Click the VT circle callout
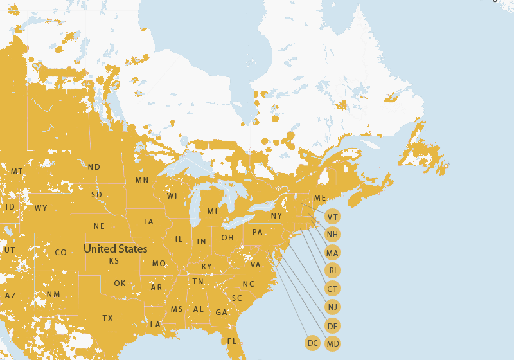click(332, 217)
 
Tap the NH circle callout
click(332, 234)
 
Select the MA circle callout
click(332, 253)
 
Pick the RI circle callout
click(332, 271)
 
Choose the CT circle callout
click(332, 289)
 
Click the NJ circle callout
click(332, 307)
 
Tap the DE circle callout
click(332, 326)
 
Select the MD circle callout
click(332, 344)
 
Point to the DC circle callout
click(313, 343)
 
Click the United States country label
click(116, 249)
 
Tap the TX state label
click(107, 318)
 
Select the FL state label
click(232, 341)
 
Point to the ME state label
click(320, 198)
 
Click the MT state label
click(17, 172)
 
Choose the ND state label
click(94, 167)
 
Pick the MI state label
click(212, 212)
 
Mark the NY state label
click(276, 216)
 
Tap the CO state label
click(60, 253)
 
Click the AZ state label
click(10, 296)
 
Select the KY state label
click(206, 267)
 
